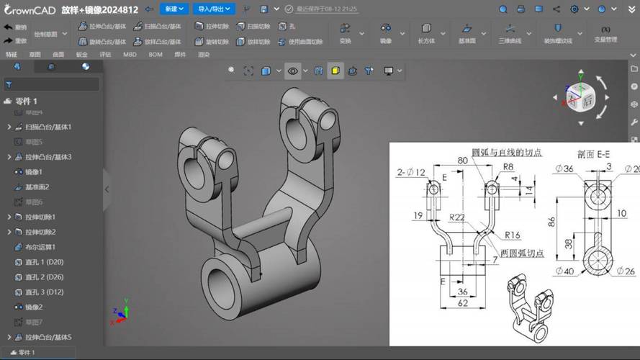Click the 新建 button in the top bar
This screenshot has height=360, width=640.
[173, 9]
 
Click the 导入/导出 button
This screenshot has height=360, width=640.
[215, 9]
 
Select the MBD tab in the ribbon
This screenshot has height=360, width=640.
[130, 54]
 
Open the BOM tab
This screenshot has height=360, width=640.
[156, 54]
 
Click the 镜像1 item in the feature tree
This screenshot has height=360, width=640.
[34, 172]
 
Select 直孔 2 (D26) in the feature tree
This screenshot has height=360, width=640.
[44, 277]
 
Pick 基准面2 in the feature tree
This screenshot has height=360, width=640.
[37, 187]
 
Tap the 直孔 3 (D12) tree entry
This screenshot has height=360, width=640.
[44, 292]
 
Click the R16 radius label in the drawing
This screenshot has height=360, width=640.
[512, 235]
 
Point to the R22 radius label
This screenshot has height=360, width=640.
[456, 217]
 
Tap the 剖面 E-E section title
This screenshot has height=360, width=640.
[593, 153]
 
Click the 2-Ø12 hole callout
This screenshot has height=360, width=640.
[411, 171]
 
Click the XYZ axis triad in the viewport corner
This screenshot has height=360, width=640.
[120, 312]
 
